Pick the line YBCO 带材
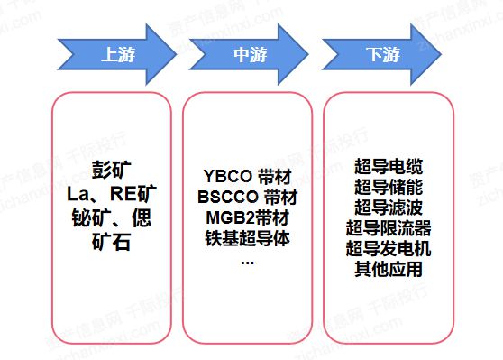tap(247, 176)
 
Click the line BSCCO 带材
tap(247, 196)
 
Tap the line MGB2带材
tap(247, 217)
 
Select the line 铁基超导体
tap(247, 237)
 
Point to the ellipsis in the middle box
tap(247, 260)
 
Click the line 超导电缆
tap(389, 167)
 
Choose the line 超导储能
tap(389, 187)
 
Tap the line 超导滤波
tap(389, 208)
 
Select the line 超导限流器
tap(389, 227)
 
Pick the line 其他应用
tap(389, 268)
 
